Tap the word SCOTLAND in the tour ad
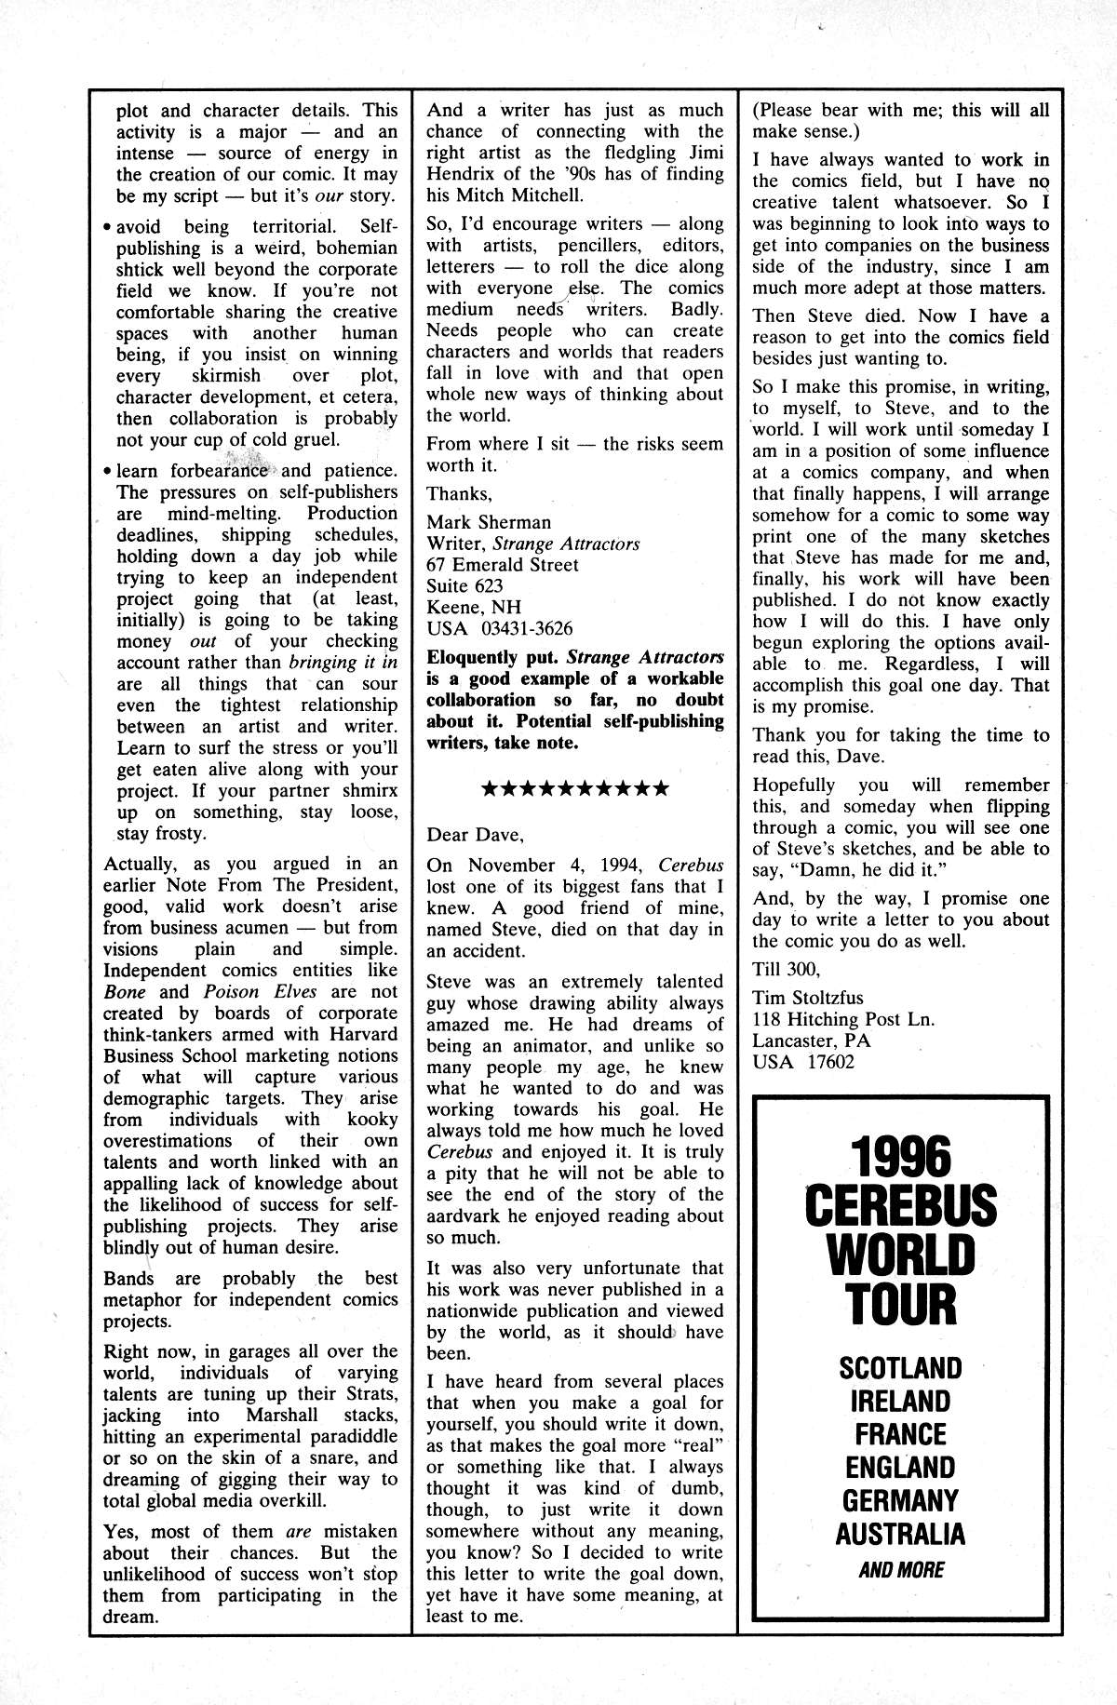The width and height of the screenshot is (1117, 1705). (900, 1368)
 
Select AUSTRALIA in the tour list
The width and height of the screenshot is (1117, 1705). (900, 1534)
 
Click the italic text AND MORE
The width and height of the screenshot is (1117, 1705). (900, 1570)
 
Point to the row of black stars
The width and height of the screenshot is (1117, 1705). (574, 789)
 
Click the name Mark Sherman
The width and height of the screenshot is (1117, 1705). (489, 522)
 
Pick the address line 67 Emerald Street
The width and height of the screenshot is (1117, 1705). (503, 565)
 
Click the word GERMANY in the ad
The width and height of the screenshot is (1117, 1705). (900, 1500)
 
